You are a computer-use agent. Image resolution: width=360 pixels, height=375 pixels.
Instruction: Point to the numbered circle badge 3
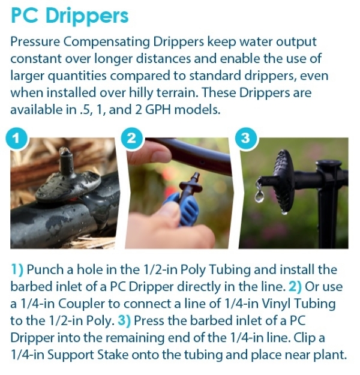tap(245, 139)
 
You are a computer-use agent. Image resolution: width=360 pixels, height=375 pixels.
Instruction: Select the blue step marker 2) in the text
tap(298, 287)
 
